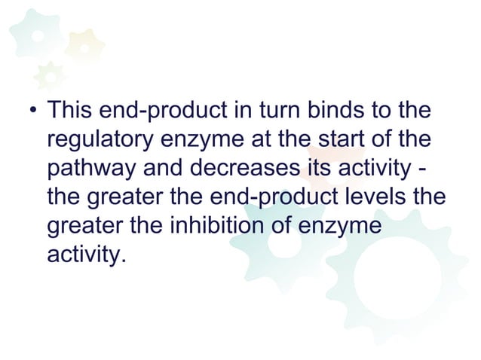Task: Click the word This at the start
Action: [69, 112]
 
